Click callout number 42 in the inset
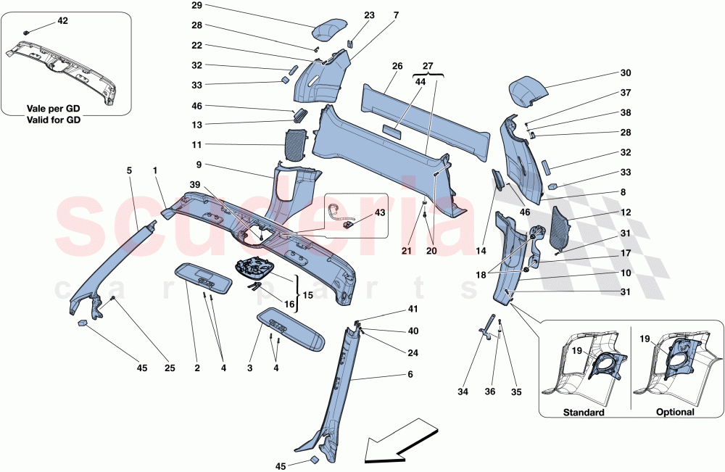click(x=62, y=21)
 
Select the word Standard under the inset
click(x=584, y=413)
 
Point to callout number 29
click(x=196, y=6)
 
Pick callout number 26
click(x=397, y=67)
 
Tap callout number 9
click(x=196, y=165)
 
